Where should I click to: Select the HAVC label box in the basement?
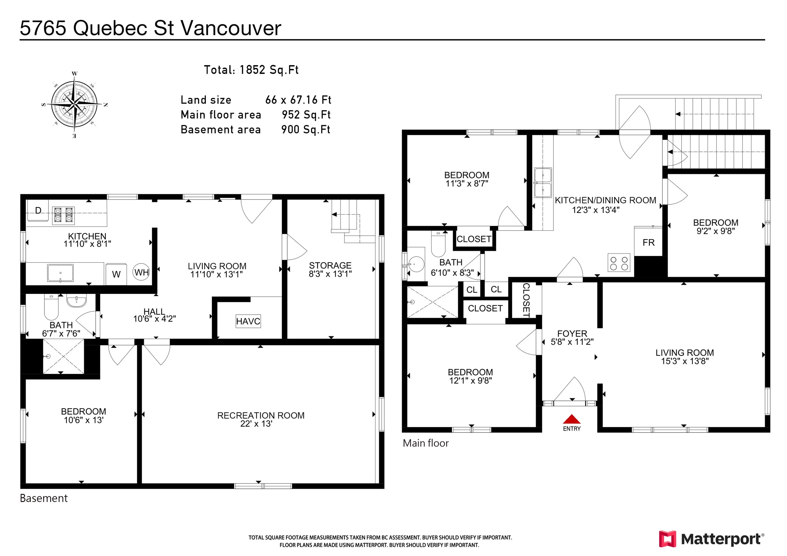(248, 321)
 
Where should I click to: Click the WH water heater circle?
(141, 272)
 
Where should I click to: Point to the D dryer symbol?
(38, 210)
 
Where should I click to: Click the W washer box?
(116, 274)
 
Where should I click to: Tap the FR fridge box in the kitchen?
(648, 242)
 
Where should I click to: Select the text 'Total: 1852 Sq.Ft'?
(251, 70)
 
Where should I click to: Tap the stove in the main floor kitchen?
(619, 263)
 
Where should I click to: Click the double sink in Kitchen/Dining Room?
(543, 183)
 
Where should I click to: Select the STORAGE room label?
(330, 265)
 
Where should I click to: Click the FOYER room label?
(572, 333)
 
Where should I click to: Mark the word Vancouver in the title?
(231, 28)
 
